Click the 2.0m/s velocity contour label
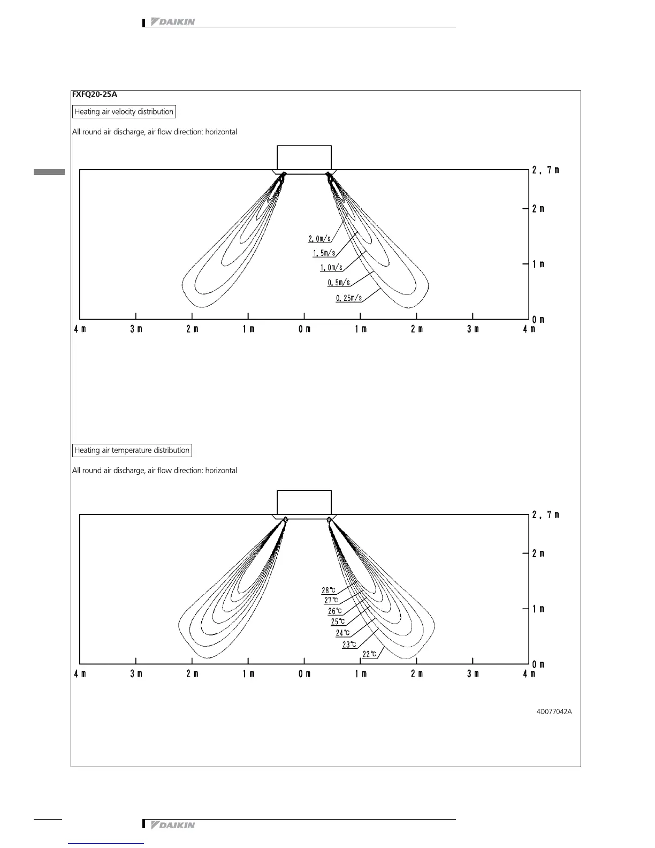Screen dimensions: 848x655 319,239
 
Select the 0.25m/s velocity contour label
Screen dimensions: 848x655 349,298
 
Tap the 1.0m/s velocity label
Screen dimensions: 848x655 331,268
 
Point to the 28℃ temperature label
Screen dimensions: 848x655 329,590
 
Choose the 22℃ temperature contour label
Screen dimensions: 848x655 370,654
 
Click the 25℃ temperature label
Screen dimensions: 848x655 338,622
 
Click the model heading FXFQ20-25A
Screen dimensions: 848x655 95,95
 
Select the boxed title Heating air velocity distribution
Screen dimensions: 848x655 124,112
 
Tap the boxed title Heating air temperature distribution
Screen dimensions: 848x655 132,450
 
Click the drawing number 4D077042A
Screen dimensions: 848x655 554,711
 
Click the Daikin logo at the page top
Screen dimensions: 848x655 172,22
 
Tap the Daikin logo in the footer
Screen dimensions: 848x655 172,825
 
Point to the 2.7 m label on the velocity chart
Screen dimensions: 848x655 545,170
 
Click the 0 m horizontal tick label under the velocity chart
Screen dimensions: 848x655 304,329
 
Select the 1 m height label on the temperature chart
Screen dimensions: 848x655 538,609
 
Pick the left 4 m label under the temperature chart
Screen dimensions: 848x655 80,674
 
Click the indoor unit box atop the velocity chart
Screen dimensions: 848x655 304,157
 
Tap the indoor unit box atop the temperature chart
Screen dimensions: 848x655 304,502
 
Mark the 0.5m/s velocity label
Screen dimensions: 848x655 339,283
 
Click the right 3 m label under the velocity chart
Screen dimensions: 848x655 473,329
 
